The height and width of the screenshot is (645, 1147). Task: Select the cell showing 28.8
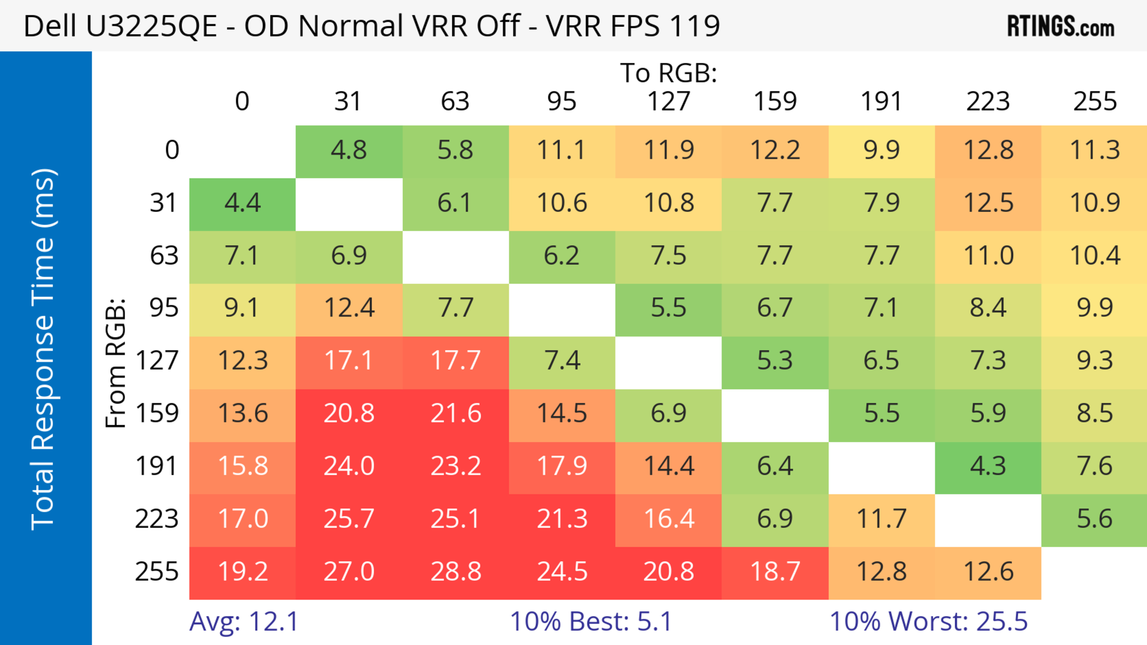pos(456,572)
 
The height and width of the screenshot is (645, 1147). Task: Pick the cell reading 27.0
pos(349,572)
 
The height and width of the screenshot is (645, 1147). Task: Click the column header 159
pos(775,102)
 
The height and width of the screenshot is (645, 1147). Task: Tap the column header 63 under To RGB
pos(455,102)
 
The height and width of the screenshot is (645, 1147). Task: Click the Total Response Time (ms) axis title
pos(44,349)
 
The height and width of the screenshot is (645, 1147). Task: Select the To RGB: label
pos(668,73)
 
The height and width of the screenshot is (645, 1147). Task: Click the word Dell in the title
pos(50,26)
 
